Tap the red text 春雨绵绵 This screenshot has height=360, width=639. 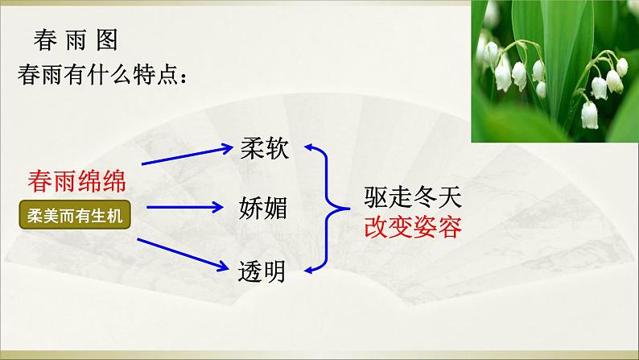click(76, 180)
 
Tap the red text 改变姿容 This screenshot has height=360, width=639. click(412, 227)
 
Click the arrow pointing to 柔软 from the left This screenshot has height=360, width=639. click(185, 155)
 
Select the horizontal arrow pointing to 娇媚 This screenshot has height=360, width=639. click(186, 207)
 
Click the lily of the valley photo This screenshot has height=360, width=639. click(554, 71)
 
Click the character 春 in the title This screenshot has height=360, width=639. click(45, 41)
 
